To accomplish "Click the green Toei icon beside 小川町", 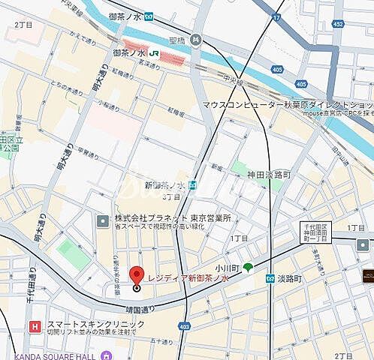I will [x=248, y=267].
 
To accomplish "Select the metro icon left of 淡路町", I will [x=270, y=278].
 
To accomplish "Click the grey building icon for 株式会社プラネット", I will [x=103, y=220].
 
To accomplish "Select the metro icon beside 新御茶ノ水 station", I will [x=193, y=184].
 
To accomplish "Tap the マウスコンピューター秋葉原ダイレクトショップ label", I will [x=288, y=106].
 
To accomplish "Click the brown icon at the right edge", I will [x=367, y=275].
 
